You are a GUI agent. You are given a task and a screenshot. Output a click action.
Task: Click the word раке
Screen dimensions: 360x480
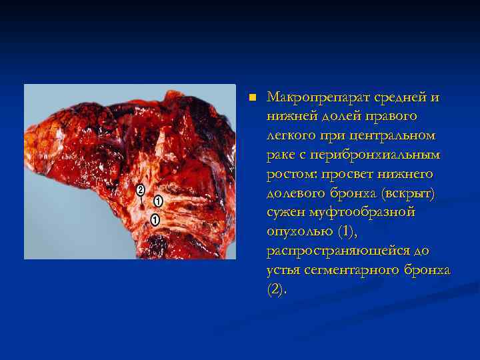[281, 155]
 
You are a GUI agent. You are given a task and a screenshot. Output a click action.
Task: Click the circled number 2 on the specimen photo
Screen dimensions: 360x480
[141, 190]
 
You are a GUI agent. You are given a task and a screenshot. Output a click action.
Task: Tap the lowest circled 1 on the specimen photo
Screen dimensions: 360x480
[155, 219]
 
